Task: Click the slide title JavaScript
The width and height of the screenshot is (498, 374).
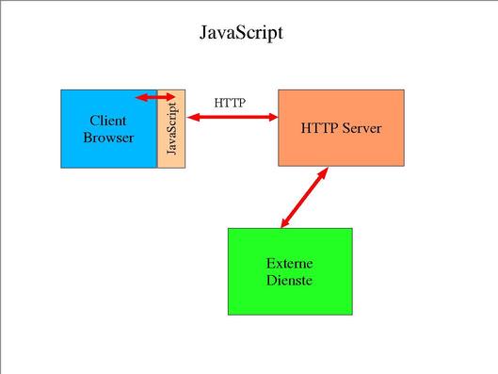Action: (x=241, y=32)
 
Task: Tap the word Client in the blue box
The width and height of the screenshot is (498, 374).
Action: (x=108, y=121)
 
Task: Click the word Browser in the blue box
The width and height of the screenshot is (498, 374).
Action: (x=108, y=138)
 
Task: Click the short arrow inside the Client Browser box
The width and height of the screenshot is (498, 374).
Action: (x=153, y=97)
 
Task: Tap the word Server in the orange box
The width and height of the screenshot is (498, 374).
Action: (x=361, y=128)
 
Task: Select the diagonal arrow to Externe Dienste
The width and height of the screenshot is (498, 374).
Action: (x=303, y=199)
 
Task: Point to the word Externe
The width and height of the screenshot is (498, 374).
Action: (x=290, y=263)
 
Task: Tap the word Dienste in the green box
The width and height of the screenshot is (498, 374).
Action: (x=290, y=280)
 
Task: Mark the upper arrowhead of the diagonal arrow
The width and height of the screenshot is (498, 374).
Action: (x=324, y=173)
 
